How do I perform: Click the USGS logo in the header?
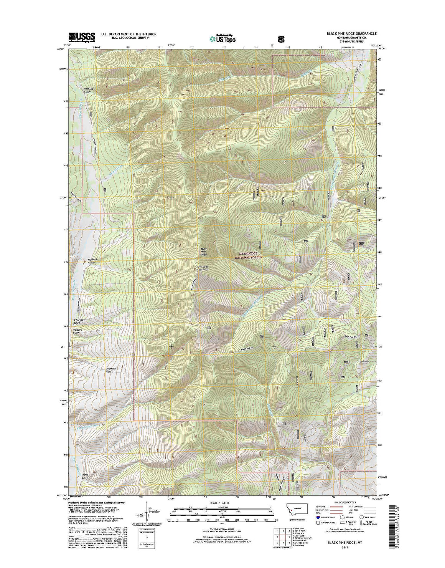82,36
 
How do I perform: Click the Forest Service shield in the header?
281,38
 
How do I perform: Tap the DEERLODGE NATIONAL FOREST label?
251,255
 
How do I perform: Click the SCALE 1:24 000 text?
220,503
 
